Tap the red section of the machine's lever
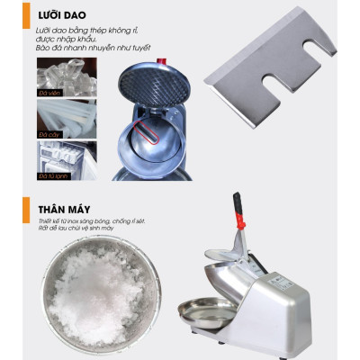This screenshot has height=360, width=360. (x=242, y=220)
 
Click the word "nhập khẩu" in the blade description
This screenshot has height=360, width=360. (x=85, y=40)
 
